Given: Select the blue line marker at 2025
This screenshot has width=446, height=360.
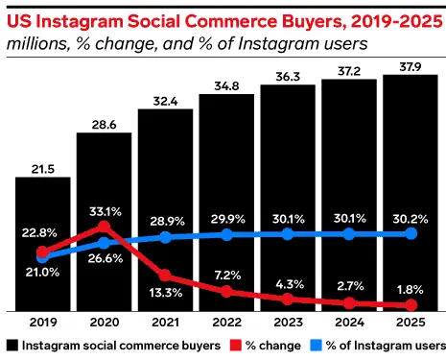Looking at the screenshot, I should (x=411, y=233).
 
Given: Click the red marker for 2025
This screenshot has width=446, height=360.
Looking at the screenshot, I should (x=411, y=305).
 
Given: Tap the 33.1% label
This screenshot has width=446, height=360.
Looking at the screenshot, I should (x=104, y=212).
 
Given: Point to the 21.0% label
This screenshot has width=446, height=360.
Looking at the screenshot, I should (x=42, y=273).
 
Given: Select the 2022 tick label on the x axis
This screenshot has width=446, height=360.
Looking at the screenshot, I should (x=226, y=324).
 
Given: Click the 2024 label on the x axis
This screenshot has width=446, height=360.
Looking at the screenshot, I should (x=349, y=324).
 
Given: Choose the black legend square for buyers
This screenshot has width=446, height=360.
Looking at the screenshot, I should (x=11, y=345).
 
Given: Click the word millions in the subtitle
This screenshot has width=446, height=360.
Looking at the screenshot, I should (x=35, y=43).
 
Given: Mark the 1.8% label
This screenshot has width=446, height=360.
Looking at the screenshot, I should (x=411, y=290).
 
